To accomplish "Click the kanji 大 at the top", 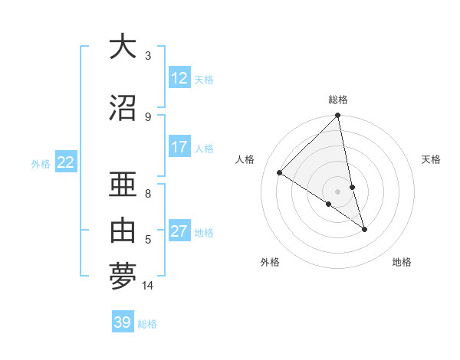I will [122, 47].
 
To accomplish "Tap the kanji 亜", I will [122, 186].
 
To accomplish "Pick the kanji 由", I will [122, 231].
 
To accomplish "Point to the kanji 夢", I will [122, 276].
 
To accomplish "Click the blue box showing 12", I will [179, 78].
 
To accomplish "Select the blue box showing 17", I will [179, 147].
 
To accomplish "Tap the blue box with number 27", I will [179, 231].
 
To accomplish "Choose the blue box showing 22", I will [66, 162].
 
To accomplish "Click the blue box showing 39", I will [123, 322].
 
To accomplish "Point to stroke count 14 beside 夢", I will [148, 286].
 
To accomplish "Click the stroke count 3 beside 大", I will [148, 56].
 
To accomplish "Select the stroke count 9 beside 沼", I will [148, 116].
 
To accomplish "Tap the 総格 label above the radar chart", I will [338, 100].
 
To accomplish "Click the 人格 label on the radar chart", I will [246, 159].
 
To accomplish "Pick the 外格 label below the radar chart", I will [270, 262].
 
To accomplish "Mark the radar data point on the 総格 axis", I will [338, 116].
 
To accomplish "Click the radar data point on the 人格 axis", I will [280, 173].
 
